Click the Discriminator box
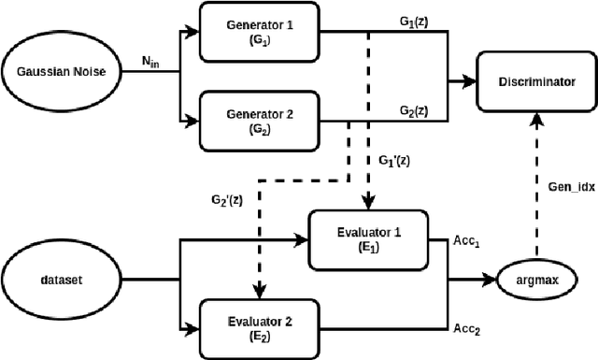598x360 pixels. point(529,82)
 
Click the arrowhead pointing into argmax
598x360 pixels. point(493,278)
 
